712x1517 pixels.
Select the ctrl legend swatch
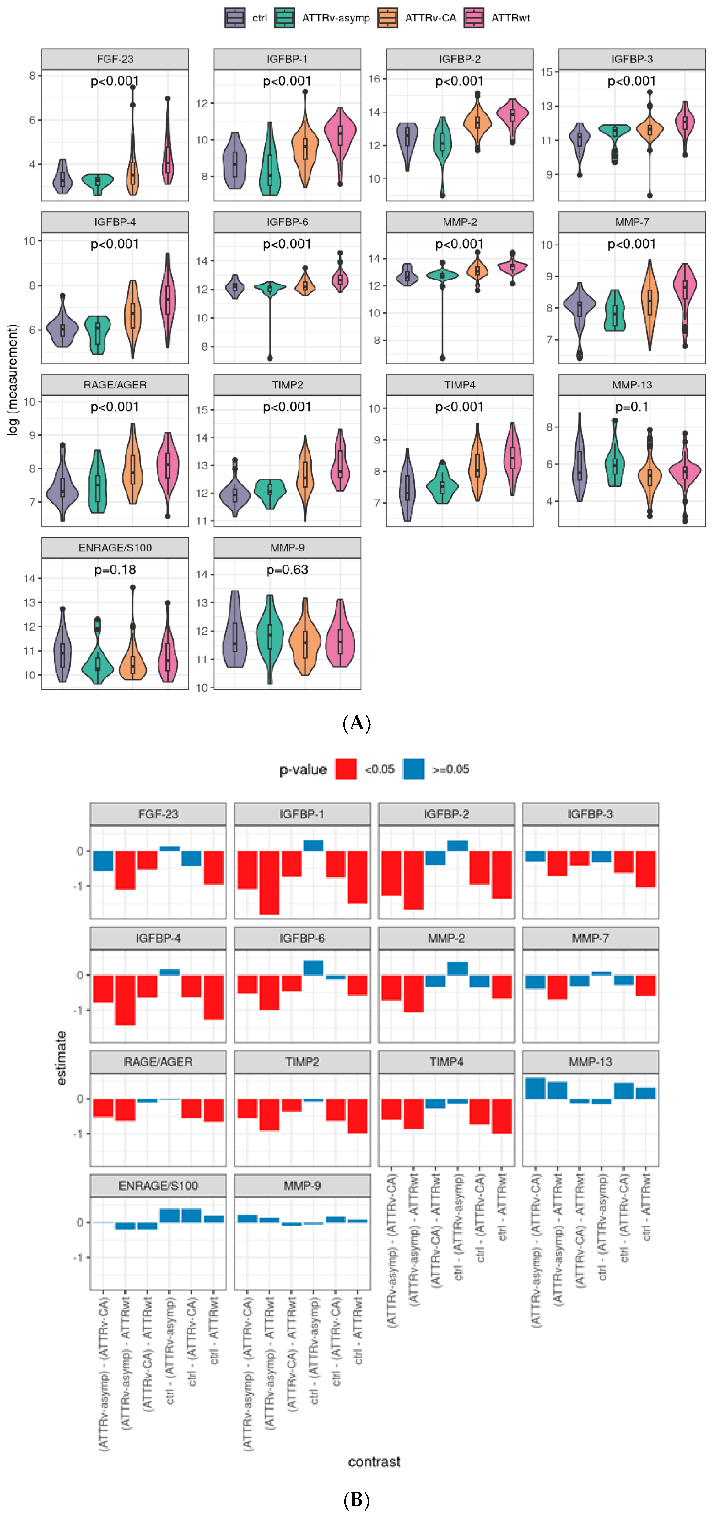coord(234,18)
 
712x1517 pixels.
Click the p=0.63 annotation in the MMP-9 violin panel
coord(287,569)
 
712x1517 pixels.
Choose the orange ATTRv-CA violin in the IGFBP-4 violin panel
coord(133,318)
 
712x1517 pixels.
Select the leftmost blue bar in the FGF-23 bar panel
coord(103,860)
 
